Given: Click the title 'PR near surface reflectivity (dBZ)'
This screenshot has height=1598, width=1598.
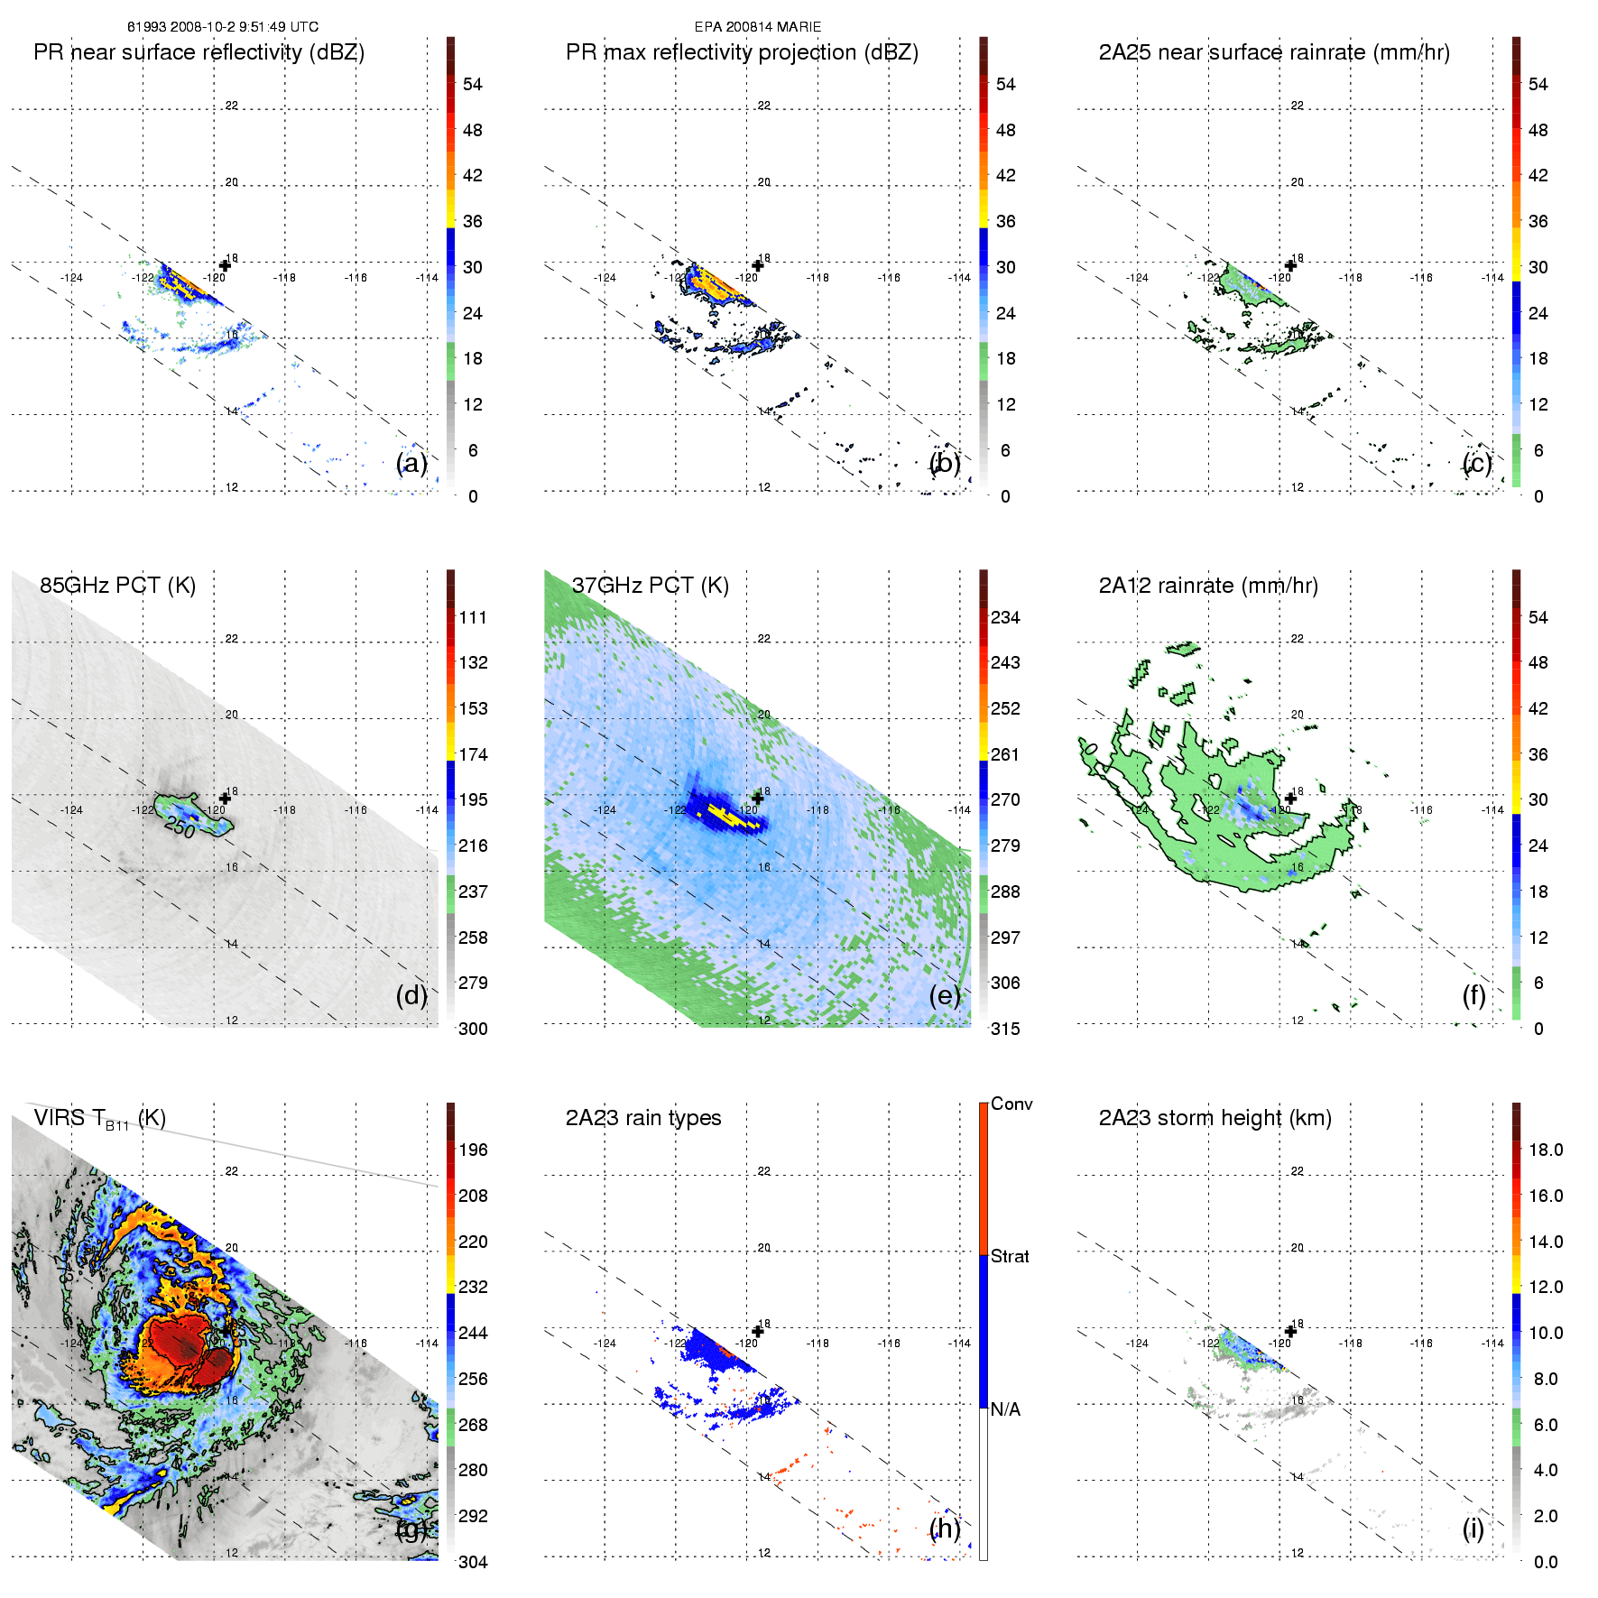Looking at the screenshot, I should click(x=199, y=52).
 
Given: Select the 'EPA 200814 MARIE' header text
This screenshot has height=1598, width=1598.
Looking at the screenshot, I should click(x=758, y=27).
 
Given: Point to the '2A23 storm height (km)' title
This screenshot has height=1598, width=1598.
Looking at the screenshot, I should click(x=1215, y=1118).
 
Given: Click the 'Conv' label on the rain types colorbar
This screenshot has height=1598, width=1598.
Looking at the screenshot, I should click(x=1011, y=1104).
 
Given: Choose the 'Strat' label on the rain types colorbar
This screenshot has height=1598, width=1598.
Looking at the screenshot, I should click(x=1010, y=1256).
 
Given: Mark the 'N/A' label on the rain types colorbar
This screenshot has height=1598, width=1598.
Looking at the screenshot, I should click(x=1005, y=1409).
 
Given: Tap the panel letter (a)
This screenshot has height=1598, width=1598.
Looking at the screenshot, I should click(x=411, y=463).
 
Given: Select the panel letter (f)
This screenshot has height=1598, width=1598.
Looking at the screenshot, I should click(x=1473, y=995).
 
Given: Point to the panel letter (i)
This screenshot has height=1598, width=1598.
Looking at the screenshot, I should click(x=1473, y=1529).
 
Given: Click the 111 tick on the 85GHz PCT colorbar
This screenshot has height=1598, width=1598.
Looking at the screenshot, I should click(x=473, y=618).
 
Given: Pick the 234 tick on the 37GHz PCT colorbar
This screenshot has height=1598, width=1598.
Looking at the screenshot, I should click(x=1005, y=618).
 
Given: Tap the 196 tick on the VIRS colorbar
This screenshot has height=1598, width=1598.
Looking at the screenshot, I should click(x=473, y=1150).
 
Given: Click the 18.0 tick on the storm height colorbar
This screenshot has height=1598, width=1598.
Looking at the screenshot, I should click(x=1545, y=1150).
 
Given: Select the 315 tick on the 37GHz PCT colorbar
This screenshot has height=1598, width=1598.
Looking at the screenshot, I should click(x=1005, y=1029).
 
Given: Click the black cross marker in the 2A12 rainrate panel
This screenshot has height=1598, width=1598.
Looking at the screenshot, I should click(x=1290, y=799).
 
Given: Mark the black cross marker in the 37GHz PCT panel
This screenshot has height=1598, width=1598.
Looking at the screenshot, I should click(x=758, y=799).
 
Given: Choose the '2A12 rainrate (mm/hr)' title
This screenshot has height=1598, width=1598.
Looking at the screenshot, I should click(x=1208, y=586).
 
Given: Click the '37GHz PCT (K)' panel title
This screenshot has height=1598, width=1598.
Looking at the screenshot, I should click(x=650, y=586).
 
